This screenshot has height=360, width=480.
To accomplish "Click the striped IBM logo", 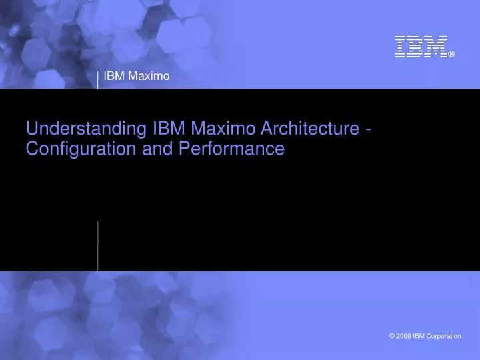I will tap(420, 47).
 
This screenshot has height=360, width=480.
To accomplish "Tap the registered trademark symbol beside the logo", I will tap(451, 55).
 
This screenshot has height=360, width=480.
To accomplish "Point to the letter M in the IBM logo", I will tap(435, 47).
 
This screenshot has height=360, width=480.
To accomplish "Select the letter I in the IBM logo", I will tap(400, 47).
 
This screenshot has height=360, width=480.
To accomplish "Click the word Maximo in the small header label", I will tap(149, 77).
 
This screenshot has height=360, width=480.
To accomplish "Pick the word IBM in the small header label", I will tap(114, 77).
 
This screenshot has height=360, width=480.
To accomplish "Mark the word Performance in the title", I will tap(231, 149).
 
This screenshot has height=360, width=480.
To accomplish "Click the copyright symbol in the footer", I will tap(391, 336).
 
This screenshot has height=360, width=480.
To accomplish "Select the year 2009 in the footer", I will tap(403, 336).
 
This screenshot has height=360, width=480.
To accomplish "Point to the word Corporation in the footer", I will tap(443, 336).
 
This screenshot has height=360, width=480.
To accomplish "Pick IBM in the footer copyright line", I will tap(419, 336).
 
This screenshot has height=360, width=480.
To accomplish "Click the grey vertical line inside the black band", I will tap(98, 245).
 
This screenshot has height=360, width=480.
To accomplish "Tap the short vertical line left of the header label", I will tap(98, 78).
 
